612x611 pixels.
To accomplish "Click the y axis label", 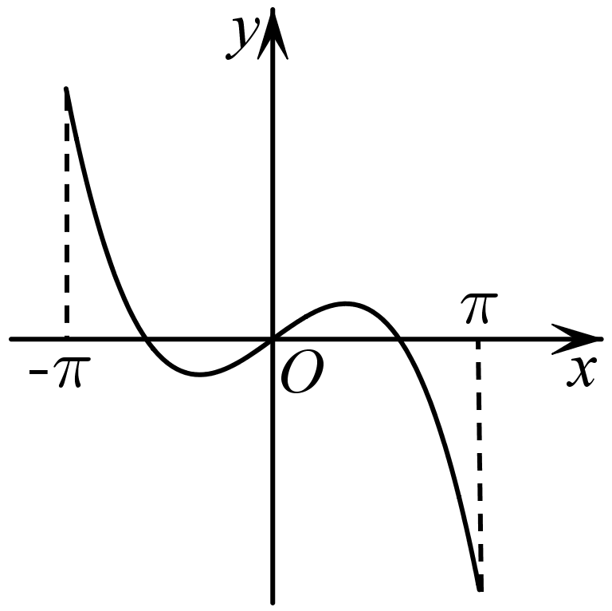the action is coord(242,38).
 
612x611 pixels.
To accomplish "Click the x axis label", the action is coord(581,371).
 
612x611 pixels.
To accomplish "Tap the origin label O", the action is coord(302,372).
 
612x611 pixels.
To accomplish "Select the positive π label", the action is coord(479,308).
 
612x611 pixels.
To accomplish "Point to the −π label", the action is coord(60,372).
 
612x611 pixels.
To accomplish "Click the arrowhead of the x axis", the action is coord(577,339).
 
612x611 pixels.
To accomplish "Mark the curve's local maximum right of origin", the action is coord(345,303).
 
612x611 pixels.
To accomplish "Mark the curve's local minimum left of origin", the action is coord(199,375).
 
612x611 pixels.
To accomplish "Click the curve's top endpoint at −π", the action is coord(66,89).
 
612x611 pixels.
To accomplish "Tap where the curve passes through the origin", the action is coord(273,339).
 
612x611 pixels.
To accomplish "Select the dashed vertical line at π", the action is coord(479,465).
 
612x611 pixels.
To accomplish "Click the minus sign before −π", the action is coord(38,373).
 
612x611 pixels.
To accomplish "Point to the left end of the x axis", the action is coord(11,339).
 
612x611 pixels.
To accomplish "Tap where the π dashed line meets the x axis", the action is coord(478,339).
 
